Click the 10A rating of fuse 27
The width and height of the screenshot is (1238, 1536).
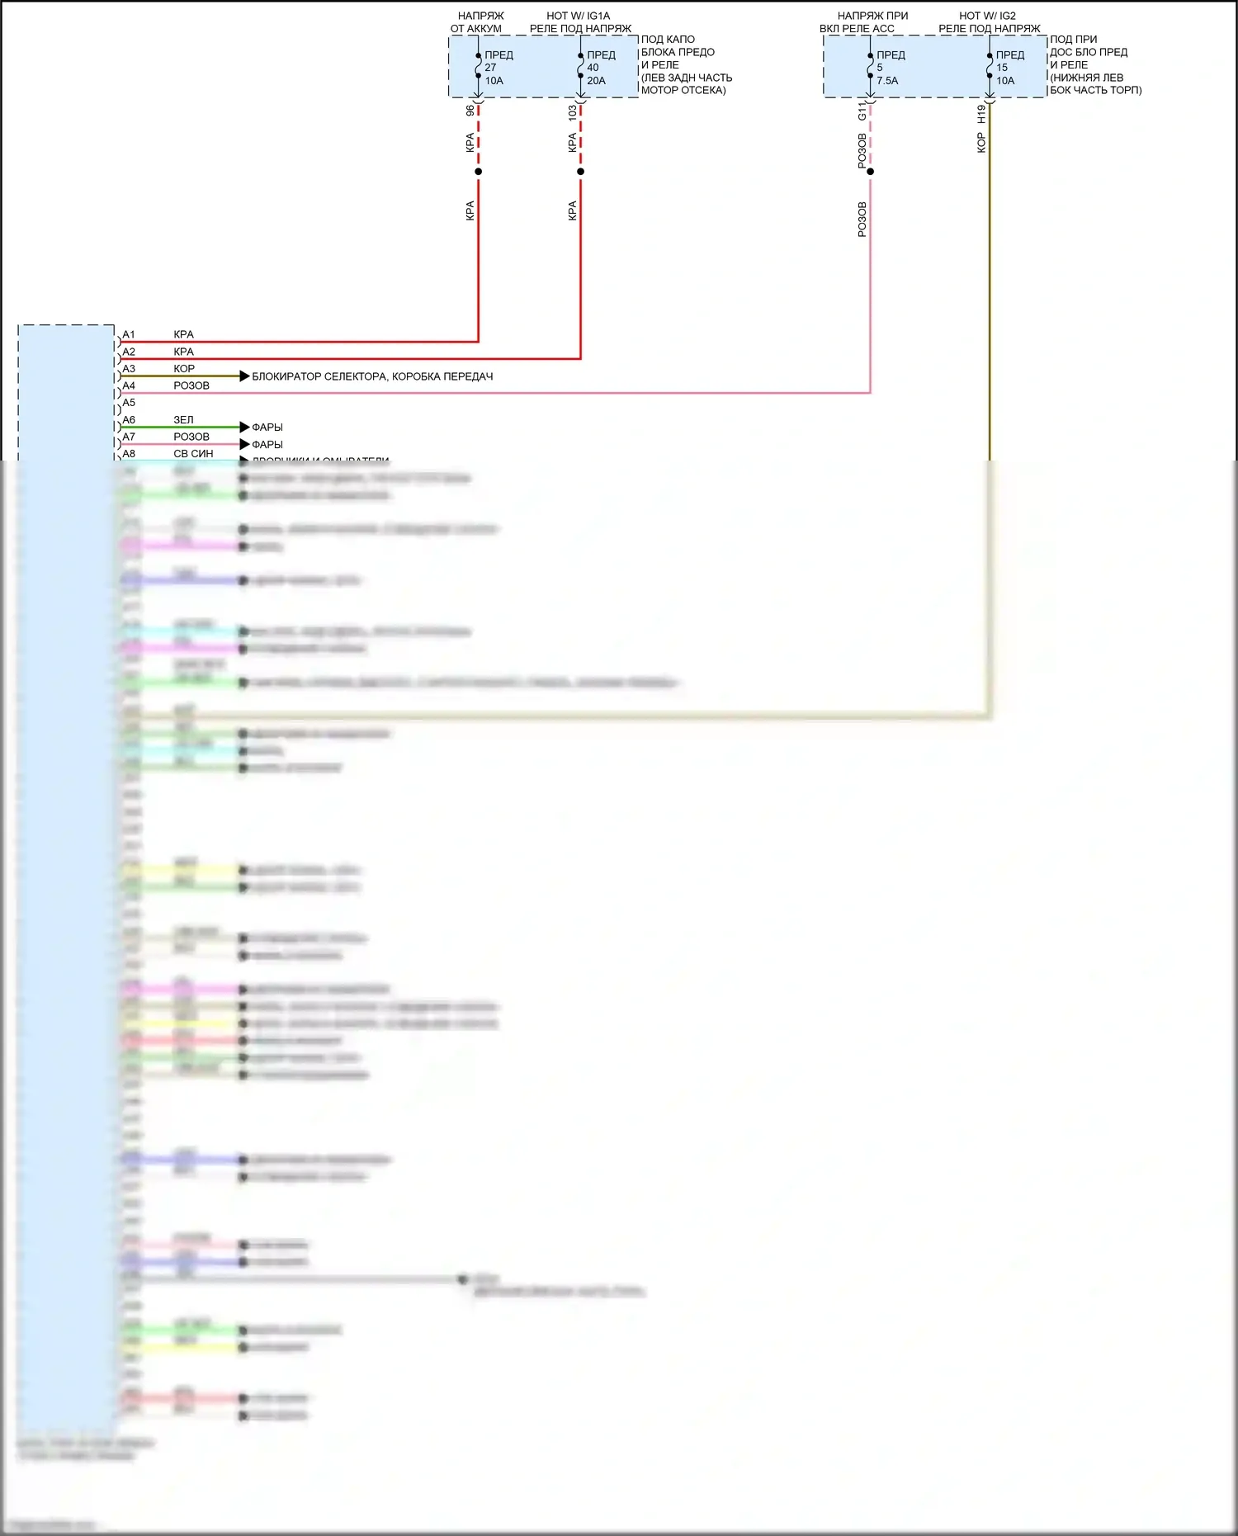pyautogui.click(x=494, y=81)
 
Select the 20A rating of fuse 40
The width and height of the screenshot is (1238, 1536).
pyautogui.click(x=596, y=81)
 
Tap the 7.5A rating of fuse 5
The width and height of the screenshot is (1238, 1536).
pyautogui.click(x=887, y=81)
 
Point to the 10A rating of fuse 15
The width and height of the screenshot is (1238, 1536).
pyautogui.click(x=1005, y=81)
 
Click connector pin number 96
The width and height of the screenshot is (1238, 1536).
pyautogui.click(x=470, y=111)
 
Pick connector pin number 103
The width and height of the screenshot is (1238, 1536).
pyautogui.click(x=573, y=113)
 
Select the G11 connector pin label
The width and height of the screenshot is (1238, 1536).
pyautogui.click(x=862, y=111)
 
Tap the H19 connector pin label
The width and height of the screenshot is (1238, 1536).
pyautogui.click(x=981, y=114)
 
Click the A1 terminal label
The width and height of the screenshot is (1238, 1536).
pyautogui.click(x=129, y=335)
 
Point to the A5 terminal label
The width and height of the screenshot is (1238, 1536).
pyautogui.click(x=129, y=403)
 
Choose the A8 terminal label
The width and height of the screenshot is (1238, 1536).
pyautogui.click(x=129, y=454)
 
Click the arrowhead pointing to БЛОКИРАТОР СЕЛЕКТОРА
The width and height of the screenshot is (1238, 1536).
pyautogui.click(x=244, y=376)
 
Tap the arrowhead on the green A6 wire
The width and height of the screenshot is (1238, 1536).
pyautogui.click(x=244, y=428)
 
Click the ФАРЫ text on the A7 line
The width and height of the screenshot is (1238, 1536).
pyautogui.click(x=267, y=445)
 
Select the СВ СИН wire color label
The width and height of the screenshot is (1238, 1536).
pyautogui.click(x=193, y=454)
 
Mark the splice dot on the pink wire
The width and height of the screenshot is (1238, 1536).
pyautogui.click(x=871, y=172)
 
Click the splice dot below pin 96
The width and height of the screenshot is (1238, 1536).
pyautogui.click(x=479, y=172)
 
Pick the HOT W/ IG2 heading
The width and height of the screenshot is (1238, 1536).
pyautogui.click(x=987, y=16)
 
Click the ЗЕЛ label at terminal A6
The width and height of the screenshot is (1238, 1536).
pyautogui.click(x=183, y=420)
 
